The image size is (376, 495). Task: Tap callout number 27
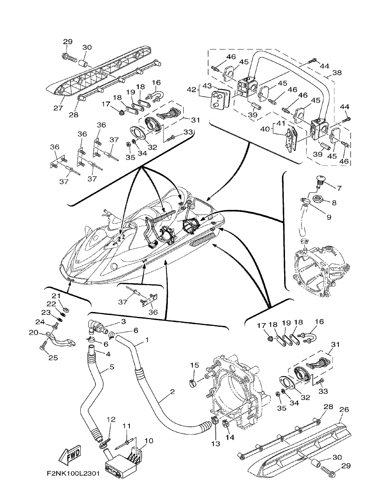[58, 108]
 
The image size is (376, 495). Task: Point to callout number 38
[338, 73]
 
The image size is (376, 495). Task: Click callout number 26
[344, 410]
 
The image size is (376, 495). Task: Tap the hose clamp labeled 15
[194, 383]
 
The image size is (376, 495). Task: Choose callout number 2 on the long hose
[172, 392]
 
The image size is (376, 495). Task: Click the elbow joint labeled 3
[97, 327]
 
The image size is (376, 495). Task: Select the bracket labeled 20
[59, 340]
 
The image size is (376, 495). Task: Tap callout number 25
[53, 358]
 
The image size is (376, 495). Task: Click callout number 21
[56, 296]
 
